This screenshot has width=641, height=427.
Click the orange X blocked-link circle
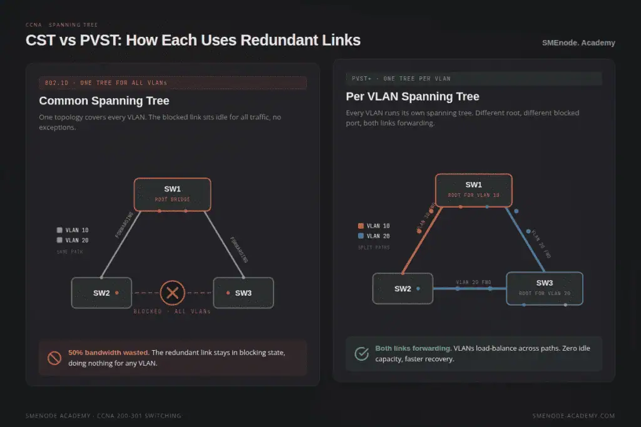click(x=173, y=293)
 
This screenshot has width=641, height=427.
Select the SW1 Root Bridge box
click(x=172, y=194)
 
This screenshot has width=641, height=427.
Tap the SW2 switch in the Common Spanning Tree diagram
click(x=101, y=293)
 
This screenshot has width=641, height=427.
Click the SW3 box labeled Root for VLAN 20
click(x=544, y=288)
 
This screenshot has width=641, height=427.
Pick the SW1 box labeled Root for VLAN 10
click(x=473, y=190)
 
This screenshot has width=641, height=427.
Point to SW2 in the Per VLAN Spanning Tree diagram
click(x=403, y=289)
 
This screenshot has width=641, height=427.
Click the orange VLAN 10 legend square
click(x=361, y=226)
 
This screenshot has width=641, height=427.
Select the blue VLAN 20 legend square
click(x=361, y=236)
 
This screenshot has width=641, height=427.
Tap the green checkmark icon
click(x=362, y=354)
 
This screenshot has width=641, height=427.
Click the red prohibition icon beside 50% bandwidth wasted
click(x=54, y=358)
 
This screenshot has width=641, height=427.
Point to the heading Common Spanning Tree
click(x=104, y=101)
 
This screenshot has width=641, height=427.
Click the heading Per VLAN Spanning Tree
click(x=413, y=96)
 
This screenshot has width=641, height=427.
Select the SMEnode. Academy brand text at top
click(x=578, y=43)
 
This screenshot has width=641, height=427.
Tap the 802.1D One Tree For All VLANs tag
click(x=106, y=83)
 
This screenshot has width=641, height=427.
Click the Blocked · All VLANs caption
click(x=172, y=311)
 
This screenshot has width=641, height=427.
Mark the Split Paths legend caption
click(x=374, y=248)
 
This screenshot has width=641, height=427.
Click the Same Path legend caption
click(x=69, y=251)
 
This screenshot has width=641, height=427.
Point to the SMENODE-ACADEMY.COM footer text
click(x=573, y=416)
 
